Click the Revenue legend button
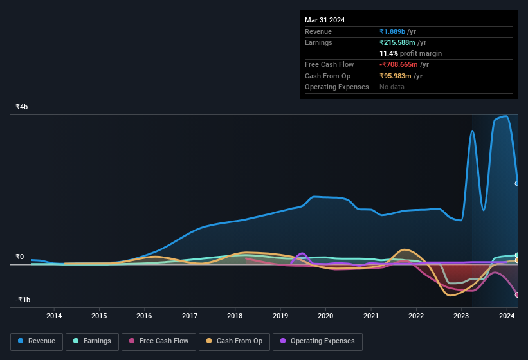click(x=37, y=341)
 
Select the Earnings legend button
click(x=92, y=341)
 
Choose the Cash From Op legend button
click(x=235, y=341)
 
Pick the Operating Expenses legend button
click(x=318, y=341)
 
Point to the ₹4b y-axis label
click(x=22, y=107)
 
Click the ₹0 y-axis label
click(x=20, y=257)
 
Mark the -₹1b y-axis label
click(x=23, y=300)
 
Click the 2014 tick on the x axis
click(x=54, y=316)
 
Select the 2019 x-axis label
click(x=280, y=316)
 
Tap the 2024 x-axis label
click(x=507, y=316)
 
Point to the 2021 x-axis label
click(x=370, y=316)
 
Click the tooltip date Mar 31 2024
click(x=325, y=20)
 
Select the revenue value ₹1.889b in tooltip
click(x=393, y=32)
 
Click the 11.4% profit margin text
click(x=410, y=53)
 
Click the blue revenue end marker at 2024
click(x=517, y=183)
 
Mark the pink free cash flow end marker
click(x=517, y=294)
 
